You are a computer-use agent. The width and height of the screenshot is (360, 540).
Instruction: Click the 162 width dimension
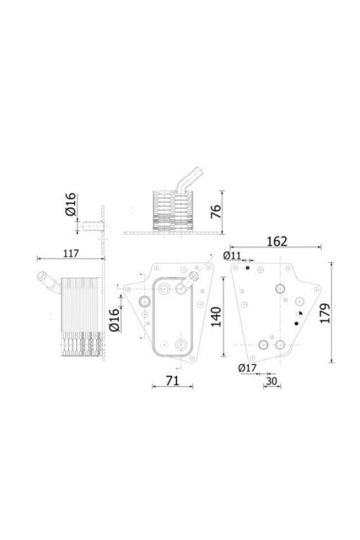coord(276,241)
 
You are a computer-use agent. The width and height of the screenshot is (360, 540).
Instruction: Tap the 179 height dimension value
coord(325,313)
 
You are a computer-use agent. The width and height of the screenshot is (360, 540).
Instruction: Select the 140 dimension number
coord(216,317)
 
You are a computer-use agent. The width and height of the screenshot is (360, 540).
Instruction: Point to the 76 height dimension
coord(216,211)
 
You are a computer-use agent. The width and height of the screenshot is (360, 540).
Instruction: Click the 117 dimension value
coord(71,253)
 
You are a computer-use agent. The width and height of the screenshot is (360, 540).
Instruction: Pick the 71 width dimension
coord(172,381)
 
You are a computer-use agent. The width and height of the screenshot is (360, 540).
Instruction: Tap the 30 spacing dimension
coord(271,381)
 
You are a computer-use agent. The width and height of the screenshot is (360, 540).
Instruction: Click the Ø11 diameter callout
coord(232,256)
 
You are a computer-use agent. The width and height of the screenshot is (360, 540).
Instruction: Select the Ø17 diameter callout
coord(247,368)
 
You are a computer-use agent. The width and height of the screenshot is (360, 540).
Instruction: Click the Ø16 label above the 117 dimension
coord(71,204)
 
